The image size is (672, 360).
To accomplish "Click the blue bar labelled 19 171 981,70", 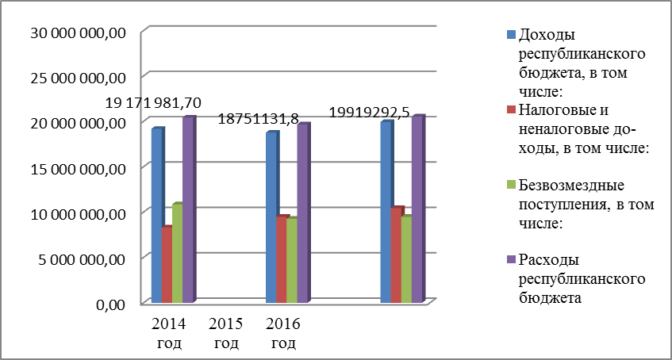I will pyautogui.click(x=157, y=214).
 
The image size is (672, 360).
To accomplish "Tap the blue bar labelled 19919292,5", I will pyautogui.click(x=386, y=212).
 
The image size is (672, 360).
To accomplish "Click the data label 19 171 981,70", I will pyautogui.click(x=159, y=103).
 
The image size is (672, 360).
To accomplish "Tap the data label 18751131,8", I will pyautogui.click(x=259, y=119).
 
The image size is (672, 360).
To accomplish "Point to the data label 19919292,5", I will pyautogui.click(x=372, y=113).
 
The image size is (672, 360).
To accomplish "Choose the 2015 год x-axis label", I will pyautogui.click(x=226, y=334).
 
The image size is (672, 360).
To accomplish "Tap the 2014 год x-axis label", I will pyautogui.click(x=169, y=334).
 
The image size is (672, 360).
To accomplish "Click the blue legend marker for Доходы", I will pyautogui.click(x=511, y=35).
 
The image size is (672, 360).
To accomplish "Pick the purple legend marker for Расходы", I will pyautogui.click(x=511, y=259).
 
